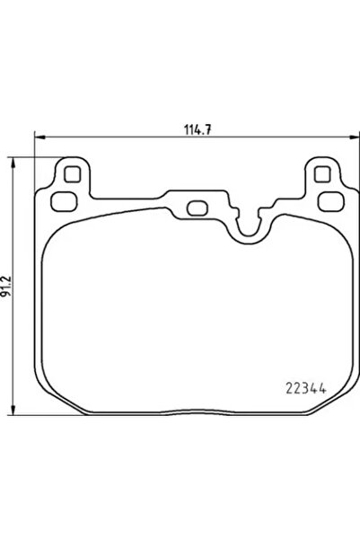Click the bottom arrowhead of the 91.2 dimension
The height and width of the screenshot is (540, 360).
(13, 417)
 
